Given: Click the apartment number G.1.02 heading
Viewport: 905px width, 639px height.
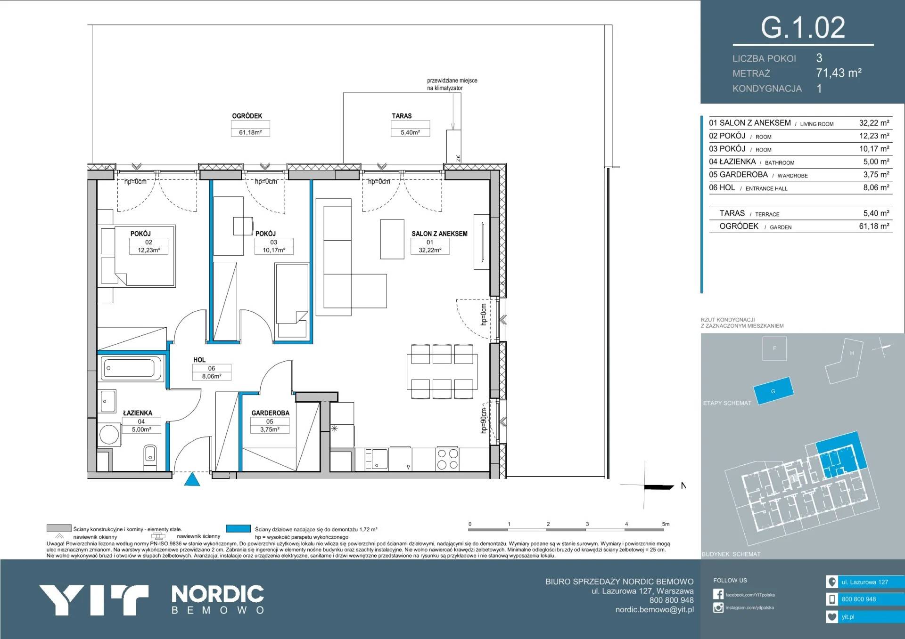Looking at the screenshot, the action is point(803,27).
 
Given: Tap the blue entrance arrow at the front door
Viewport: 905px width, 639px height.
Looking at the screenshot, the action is point(192,480).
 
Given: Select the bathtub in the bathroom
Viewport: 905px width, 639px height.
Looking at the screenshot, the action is point(132,368).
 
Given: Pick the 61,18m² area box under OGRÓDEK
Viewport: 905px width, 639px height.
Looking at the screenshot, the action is point(250,132).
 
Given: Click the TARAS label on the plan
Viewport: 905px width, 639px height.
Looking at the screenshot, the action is point(402,116).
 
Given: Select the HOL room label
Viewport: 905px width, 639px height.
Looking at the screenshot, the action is point(199,360).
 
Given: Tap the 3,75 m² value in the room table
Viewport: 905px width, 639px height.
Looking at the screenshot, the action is point(876,175).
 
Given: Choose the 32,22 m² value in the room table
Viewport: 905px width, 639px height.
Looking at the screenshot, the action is point(874,123).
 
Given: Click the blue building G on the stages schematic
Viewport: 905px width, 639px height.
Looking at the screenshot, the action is point(773,390).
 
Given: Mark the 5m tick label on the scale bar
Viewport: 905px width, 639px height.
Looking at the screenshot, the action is point(666,524).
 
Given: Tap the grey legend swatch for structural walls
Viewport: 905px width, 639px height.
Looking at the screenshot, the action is point(59,528).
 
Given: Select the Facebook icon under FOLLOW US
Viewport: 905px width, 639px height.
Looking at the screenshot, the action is point(718,594).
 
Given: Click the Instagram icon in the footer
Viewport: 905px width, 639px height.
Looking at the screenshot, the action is point(718,607).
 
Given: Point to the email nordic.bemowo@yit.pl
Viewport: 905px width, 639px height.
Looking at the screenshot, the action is point(654,610).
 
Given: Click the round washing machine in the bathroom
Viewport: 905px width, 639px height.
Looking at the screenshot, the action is point(109,435).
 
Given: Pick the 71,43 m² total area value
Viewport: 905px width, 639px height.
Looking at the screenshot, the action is point(839,73).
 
